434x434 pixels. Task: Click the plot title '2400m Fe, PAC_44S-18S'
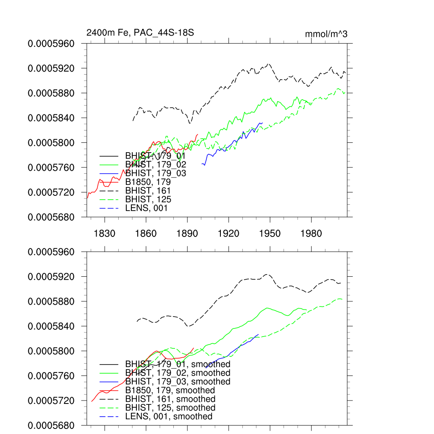[140, 33]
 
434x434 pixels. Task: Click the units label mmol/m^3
[326, 34]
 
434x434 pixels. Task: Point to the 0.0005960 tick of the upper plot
[51, 43]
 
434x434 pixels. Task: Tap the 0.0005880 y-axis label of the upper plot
[51, 93]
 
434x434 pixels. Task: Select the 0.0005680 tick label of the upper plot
[51, 217]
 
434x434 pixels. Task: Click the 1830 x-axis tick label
[105, 234]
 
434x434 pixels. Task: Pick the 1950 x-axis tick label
[270, 234]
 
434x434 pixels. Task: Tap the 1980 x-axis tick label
[312, 234]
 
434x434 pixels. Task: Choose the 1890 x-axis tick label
[187, 234]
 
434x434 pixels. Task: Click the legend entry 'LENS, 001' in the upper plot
[146, 208]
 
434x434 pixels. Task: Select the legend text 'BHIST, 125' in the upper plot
[148, 199]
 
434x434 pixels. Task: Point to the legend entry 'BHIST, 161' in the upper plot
[148, 191]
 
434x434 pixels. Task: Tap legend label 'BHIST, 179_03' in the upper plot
[156, 173]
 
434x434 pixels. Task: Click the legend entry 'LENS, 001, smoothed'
[169, 417]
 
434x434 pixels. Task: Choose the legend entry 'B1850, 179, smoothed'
[170, 390]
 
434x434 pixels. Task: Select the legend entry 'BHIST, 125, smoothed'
[170, 408]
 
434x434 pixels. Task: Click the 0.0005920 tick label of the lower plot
[51, 277]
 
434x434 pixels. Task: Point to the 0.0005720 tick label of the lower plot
[51, 401]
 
